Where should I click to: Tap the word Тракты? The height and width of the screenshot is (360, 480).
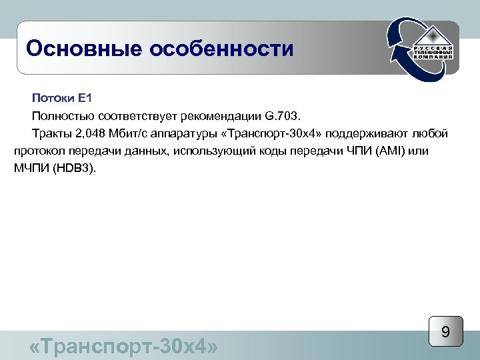click(51, 133)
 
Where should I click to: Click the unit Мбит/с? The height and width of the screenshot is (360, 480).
click(131, 133)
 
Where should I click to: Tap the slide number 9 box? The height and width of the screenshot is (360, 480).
click(445, 332)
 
